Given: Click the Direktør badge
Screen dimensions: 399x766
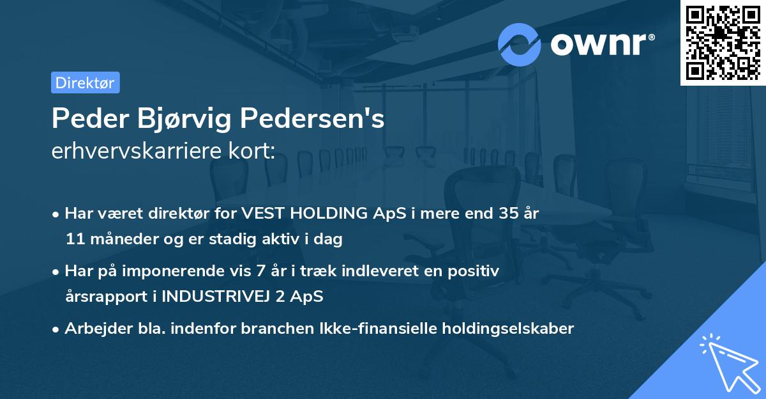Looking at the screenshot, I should tap(85, 82).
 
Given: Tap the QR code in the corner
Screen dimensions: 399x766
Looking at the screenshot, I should tap(723, 42).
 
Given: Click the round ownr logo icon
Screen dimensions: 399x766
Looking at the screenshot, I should tap(520, 45).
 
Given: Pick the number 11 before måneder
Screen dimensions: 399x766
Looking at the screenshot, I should tap(73, 240).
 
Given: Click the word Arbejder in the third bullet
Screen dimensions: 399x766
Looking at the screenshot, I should tap(93, 329).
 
